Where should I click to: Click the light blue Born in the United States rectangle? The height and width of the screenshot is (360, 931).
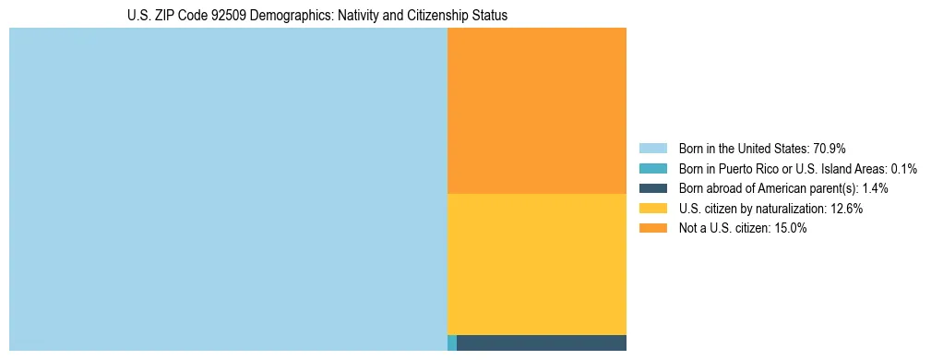[x=228, y=189]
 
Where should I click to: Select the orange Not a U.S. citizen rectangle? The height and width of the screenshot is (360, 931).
[x=536, y=111]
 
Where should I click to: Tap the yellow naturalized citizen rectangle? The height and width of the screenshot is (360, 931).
[x=536, y=264]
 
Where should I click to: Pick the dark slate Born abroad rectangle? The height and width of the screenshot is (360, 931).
[x=542, y=343]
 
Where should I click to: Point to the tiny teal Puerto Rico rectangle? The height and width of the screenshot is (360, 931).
[x=451, y=343]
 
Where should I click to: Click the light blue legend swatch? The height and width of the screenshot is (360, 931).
[x=652, y=148]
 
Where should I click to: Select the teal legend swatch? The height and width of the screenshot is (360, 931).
[x=652, y=168]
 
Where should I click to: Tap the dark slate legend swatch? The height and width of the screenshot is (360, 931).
[x=652, y=188]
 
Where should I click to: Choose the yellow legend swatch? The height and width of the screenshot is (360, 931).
[x=652, y=209]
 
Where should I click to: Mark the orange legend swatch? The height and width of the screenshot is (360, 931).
[x=652, y=229]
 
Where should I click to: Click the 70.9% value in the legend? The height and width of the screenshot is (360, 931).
[x=829, y=148]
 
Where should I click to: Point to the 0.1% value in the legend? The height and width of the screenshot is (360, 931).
[x=904, y=168]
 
